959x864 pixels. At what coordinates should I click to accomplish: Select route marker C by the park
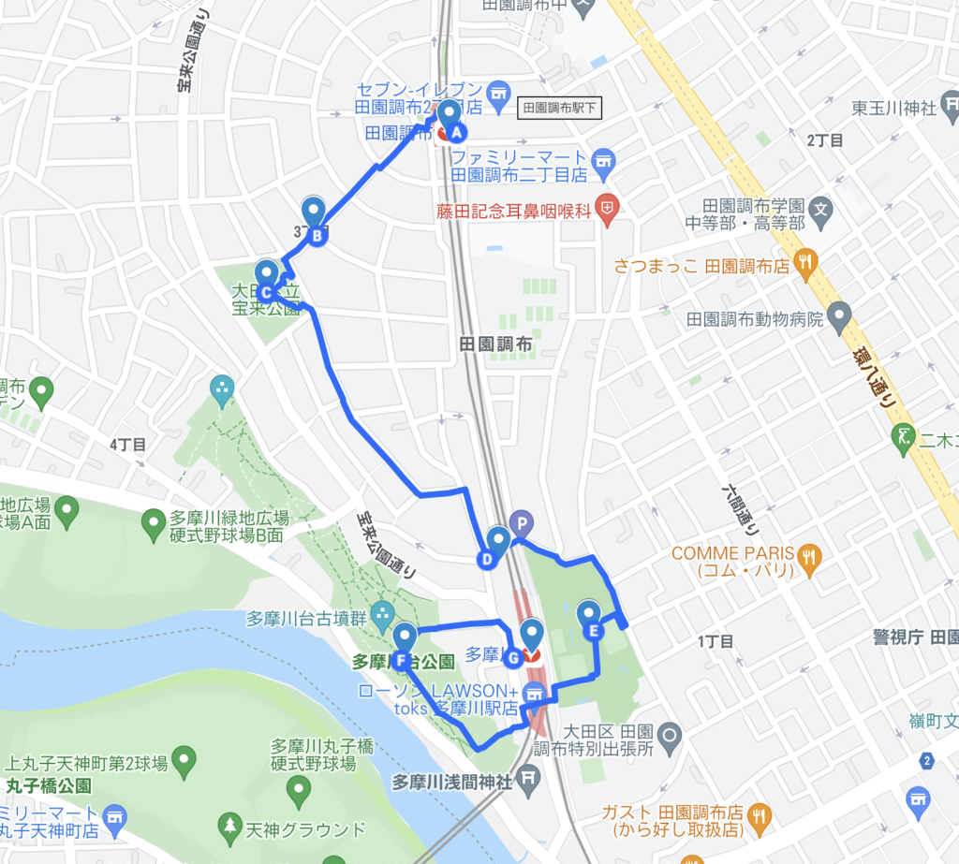(x=266, y=278)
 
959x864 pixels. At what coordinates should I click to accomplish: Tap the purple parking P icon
(x=520, y=522)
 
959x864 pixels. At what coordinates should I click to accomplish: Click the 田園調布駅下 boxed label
(x=560, y=108)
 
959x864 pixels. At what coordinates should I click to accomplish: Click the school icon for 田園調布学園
(x=821, y=207)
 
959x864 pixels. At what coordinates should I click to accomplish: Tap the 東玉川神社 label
(x=894, y=109)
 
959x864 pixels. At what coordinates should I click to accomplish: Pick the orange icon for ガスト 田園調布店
(x=760, y=816)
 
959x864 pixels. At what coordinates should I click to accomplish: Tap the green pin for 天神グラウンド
(x=229, y=826)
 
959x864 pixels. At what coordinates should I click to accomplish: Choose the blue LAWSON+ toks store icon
(x=534, y=694)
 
